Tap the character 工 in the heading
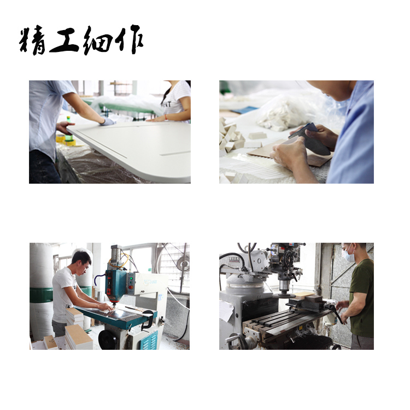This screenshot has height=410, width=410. point(65,40)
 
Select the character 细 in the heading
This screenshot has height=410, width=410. point(97,40)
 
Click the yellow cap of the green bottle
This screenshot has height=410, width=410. point(68,118)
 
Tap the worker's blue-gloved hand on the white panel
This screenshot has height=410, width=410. point(107,121)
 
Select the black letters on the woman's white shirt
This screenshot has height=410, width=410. point(167,104)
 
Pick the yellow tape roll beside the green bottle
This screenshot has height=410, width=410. point(60,138)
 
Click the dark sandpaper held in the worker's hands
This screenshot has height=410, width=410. point(311,139)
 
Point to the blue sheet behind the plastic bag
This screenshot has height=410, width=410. point(244,110)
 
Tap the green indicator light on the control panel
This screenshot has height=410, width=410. point(131,277)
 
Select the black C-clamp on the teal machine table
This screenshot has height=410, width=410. point(147,319)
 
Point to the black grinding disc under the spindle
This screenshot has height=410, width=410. point(284,295)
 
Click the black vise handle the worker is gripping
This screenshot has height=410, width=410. point(336,313)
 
